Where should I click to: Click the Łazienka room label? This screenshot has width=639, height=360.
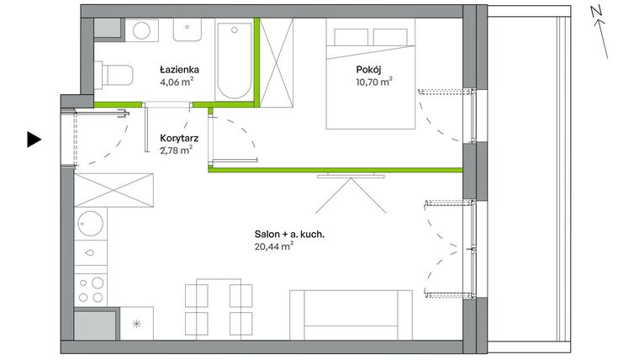click(x=179, y=70)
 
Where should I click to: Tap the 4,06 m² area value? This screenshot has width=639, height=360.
click(x=179, y=82)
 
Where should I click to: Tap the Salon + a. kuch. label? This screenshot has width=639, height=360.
click(x=284, y=234)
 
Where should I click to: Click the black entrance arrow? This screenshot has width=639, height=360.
click(x=33, y=140)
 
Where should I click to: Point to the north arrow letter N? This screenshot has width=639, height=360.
click(x=594, y=10)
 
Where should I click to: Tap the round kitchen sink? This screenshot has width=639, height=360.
click(x=89, y=224)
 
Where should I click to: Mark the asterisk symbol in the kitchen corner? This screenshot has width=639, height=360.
click(x=137, y=323)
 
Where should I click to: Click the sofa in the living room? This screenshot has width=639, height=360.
click(x=351, y=314)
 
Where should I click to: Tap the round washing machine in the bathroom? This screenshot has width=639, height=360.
click(x=140, y=31)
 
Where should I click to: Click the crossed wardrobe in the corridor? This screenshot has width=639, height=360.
click(x=114, y=188)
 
